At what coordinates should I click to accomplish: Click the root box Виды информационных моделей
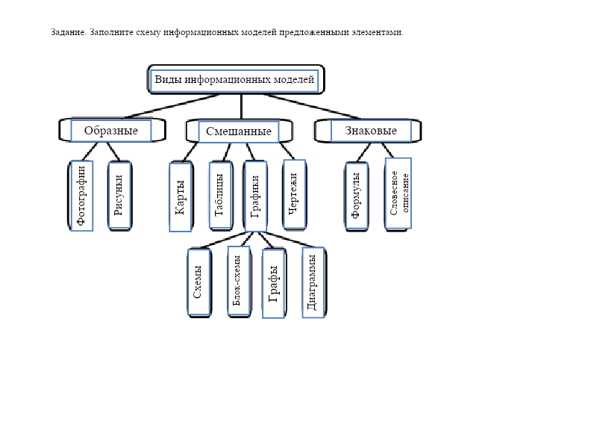point(235,79)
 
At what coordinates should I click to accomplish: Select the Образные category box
point(110,131)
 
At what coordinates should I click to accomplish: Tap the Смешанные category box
point(239,131)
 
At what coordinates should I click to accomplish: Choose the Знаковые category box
point(371,131)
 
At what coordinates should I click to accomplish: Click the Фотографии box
point(81,196)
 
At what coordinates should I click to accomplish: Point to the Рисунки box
point(119,195)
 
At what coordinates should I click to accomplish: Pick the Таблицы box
point(219,195)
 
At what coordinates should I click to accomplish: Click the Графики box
point(255,195)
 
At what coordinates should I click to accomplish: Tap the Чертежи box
point(293,193)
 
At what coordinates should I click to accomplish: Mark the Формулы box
point(357,195)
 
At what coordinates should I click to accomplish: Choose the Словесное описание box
point(399,193)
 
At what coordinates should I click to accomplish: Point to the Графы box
point(274,283)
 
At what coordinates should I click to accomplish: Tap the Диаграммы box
point(313,282)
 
